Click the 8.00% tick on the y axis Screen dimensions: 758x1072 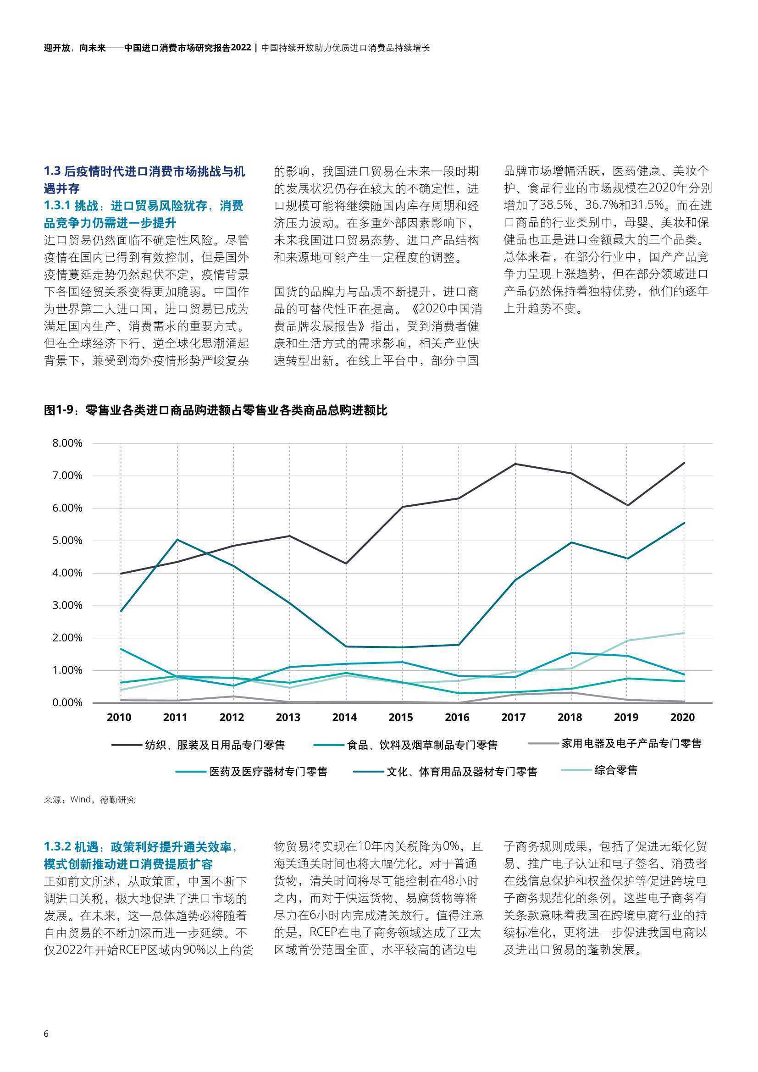click(67, 443)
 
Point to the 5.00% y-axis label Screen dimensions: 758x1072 click(67, 540)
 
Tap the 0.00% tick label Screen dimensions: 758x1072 click(67, 702)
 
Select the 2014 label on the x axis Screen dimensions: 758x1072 click(345, 717)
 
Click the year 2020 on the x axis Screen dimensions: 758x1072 click(683, 717)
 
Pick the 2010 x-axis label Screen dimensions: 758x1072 click(119, 717)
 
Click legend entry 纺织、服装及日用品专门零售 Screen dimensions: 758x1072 click(198, 745)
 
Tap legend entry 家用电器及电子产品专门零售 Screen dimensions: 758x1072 click(615, 743)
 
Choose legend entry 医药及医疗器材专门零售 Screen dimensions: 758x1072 click(252, 771)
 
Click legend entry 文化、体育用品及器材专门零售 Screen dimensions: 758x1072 click(446, 771)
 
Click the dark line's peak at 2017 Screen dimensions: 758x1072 click(515, 464)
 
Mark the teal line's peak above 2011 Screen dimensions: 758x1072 click(177, 540)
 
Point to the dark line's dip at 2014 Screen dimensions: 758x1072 click(346, 564)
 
